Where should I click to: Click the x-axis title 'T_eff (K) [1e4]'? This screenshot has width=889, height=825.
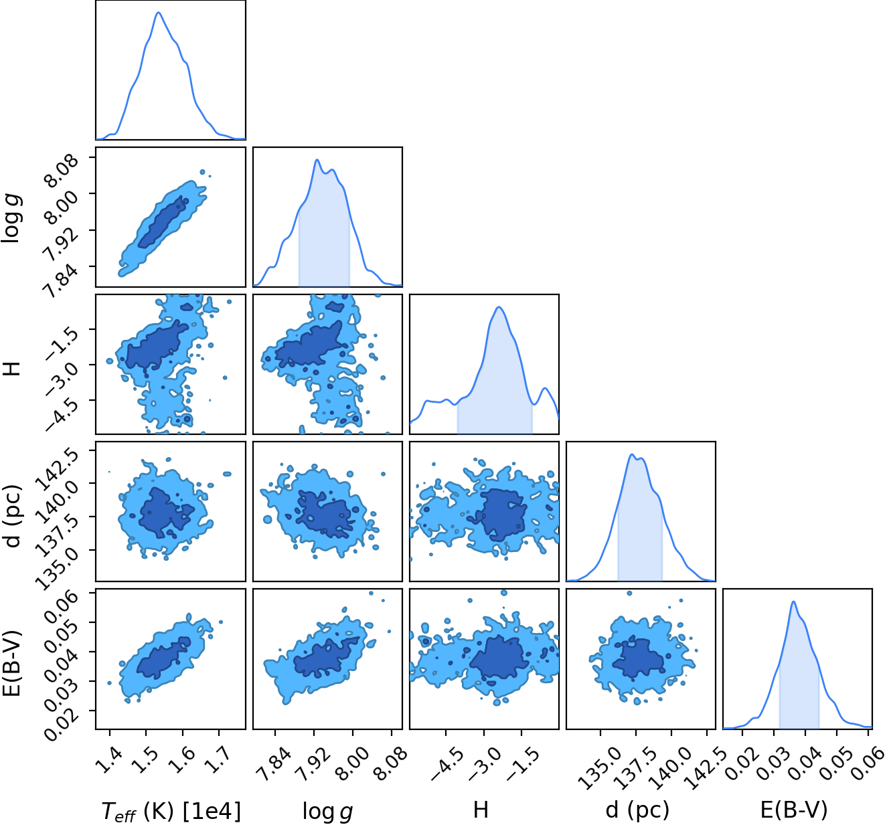click(x=171, y=811)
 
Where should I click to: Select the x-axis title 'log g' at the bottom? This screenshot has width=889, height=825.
click(x=327, y=811)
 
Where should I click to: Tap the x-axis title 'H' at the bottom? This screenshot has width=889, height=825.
click(x=481, y=810)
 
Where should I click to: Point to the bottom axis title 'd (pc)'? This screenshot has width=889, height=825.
click(x=637, y=810)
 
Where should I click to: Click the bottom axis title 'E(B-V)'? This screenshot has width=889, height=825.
click(x=794, y=810)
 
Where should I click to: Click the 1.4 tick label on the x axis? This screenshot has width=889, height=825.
click(x=110, y=759)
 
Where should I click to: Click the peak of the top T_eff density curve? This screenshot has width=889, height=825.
click(x=159, y=12)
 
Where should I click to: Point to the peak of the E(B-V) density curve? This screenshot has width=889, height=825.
click(x=793, y=601)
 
